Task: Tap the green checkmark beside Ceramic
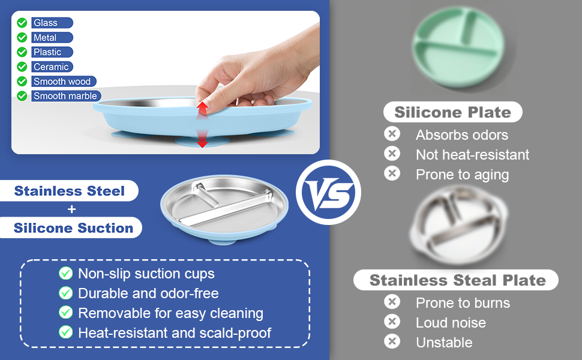point(22,67)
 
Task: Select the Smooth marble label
point(66,96)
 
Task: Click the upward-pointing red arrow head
point(202,107)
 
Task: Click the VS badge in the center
point(328,192)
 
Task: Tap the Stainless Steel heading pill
point(69,191)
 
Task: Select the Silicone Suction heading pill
point(71,227)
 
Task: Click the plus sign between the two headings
point(71,209)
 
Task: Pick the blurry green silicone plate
point(459,47)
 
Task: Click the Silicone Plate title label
point(453,112)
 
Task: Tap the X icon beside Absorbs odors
point(392,134)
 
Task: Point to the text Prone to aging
point(462,175)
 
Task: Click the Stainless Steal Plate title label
point(456,280)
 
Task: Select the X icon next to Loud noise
point(392,322)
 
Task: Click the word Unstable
point(444,342)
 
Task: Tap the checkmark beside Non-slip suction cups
point(65,274)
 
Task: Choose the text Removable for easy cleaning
point(171,313)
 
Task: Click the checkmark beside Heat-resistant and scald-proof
point(65,332)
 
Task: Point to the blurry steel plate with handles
point(459,226)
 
